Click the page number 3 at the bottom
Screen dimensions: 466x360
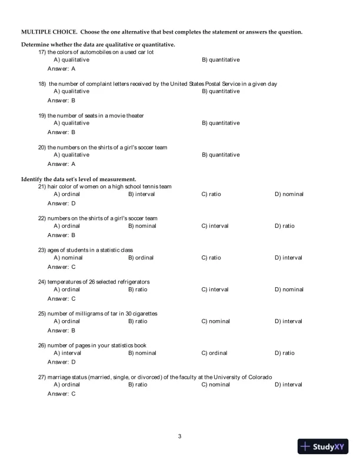[x=179, y=437]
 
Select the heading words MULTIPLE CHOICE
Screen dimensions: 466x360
[x=48, y=31]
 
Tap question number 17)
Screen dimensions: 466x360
[x=42, y=52]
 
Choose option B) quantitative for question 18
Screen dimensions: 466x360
[x=221, y=91]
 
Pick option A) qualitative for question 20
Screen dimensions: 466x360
[x=71, y=155]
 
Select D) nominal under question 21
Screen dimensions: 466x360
[x=289, y=194]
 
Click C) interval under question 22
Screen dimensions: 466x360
[x=215, y=226]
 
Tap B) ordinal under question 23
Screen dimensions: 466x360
[x=141, y=258]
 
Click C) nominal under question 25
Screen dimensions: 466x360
[x=215, y=321]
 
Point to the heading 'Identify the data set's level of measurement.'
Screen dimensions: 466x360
[x=79, y=179]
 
